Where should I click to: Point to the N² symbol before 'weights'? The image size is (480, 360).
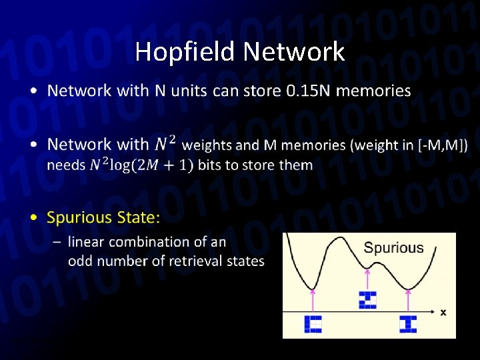point(165,143)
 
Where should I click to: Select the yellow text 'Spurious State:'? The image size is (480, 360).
point(103,217)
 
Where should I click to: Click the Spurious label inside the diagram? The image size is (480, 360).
point(393,248)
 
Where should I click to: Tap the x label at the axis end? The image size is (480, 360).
point(443,311)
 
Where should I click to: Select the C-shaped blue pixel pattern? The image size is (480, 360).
point(313,324)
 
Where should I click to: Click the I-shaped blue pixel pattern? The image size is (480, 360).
point(408,324)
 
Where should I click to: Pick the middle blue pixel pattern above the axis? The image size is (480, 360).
point(367,300)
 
